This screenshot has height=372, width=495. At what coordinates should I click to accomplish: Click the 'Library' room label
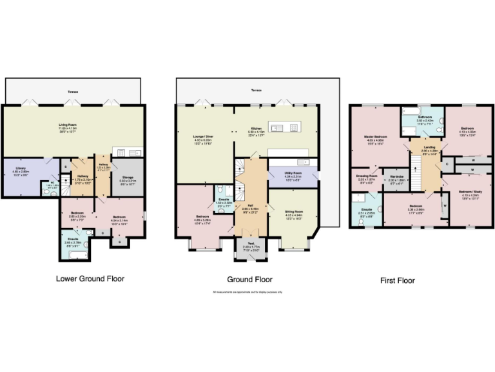(21, 169)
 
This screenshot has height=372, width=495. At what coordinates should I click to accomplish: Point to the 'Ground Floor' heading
(250, 280)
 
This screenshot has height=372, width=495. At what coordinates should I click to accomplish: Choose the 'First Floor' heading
(396, 281)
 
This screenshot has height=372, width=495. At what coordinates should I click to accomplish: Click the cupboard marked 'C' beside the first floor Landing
(447, 164)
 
